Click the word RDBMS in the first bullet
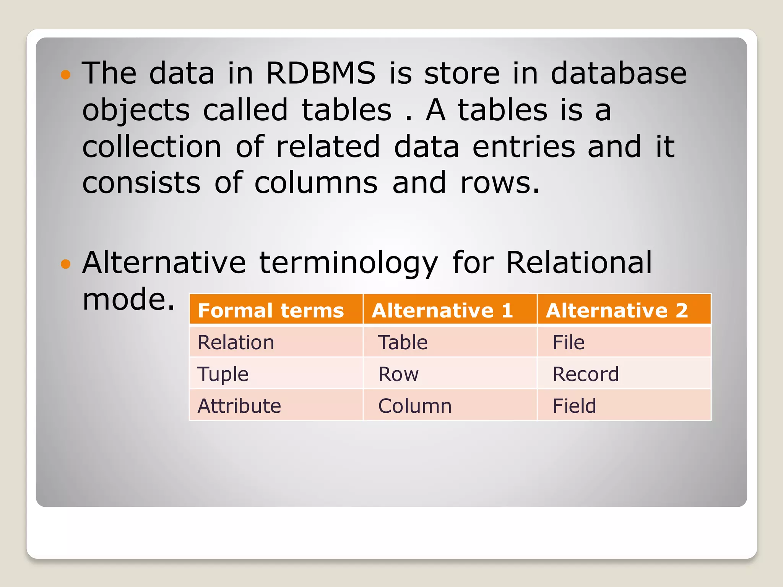pyautogui.click(x=320, y=73)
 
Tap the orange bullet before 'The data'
pyautogui.click(x=66, y=74)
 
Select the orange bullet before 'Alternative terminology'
pyautogui.click(x=66, y=264)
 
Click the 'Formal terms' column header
pyautogui.click(x=271, y=310)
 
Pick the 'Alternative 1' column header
pyautogui.click(x=442, y=310)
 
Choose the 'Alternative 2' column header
pyautogui.click(x=617, y=310)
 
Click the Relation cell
pyautogui.click(x=236, y=342)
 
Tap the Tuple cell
pyautogui.click(x=223, y=374)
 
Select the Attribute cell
pyautogui.click(x=239, y=405)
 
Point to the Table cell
pyautogui.click(x=403, y=342)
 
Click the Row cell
pyautogui.click(x=398, y=374)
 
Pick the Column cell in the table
pyautogui.click(x=415, y=405)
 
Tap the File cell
pyautogui.click(x=569, y=342)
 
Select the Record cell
pyautogui.click(x=586, y=374)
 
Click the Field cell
pyautogui.click(x=574, y=405)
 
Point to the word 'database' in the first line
pyautogui.click(x=618, y=73)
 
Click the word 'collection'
pyautogui.click(x=152, y=147)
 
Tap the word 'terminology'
pyautogui.click(x=348, y=264)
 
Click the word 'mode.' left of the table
pyautogui.click(x=128, y=299)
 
